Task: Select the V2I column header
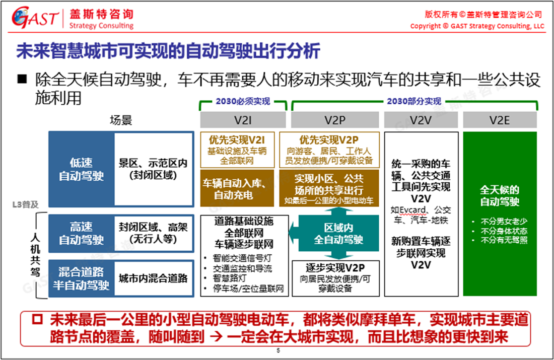tap(243, 120)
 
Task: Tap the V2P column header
tap(335, 120)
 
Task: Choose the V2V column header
tap(421, 120)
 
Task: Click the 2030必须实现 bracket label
tap(243, 101)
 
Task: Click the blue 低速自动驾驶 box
tap(82, 170)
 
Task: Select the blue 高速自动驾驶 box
tap(82, 234)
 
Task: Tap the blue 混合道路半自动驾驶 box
tap(82, 278)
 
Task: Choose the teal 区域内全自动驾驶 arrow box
tap(338, 234)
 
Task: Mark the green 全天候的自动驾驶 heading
tap(499, 196)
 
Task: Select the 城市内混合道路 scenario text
tap(153, 278)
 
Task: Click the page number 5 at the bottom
tap(278, 351)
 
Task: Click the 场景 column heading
tap(121, 120)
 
